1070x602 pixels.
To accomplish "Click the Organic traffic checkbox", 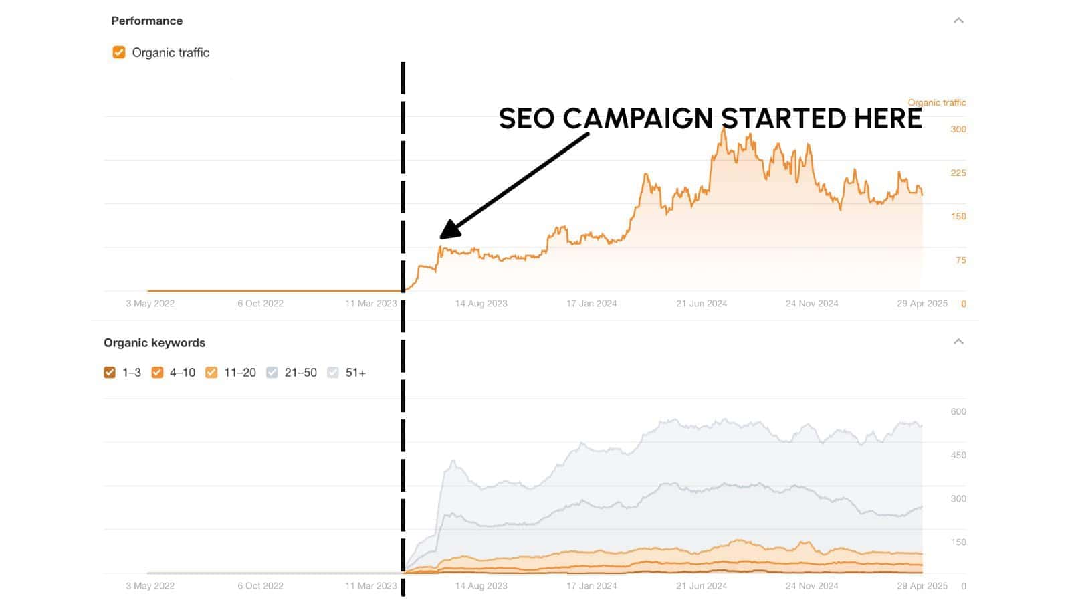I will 119,52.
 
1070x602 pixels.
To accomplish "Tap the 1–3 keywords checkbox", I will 110,373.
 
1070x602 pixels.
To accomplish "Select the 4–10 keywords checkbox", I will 157,373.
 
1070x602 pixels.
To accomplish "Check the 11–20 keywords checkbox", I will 211,373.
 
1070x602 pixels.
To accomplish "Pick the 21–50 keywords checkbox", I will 272,373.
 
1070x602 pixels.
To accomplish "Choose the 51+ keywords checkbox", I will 333,373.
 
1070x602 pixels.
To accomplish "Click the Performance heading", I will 146,21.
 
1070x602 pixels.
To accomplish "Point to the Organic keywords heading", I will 154,342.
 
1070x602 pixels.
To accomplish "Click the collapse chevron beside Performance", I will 958,21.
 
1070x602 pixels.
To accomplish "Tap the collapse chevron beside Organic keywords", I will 958,342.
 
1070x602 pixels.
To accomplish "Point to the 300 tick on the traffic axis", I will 958,129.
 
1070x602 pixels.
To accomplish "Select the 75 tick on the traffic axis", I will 960,260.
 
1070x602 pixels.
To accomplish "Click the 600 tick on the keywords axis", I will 958,411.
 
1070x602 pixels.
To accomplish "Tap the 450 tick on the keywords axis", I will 958,455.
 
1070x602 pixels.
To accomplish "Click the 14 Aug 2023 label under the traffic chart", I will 481,304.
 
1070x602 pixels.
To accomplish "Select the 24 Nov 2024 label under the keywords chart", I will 812,586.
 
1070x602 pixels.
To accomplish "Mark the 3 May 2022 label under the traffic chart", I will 150,304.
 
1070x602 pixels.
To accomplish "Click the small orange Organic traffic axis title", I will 936,102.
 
